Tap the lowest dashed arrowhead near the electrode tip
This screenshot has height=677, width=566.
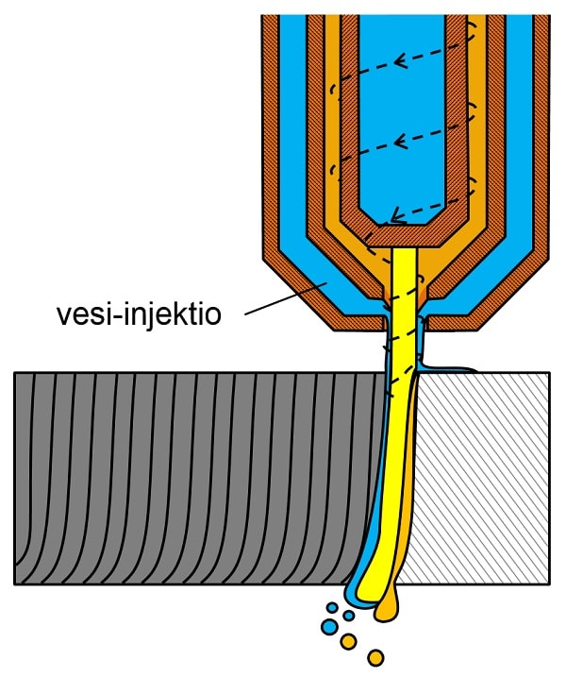coord(397,217)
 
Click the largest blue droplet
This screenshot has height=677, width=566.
coord(329,626)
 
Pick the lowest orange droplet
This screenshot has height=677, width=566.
coord(376,656)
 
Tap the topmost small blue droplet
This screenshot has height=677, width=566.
coord(331,606)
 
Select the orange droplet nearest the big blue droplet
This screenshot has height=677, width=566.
coord(347,642)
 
